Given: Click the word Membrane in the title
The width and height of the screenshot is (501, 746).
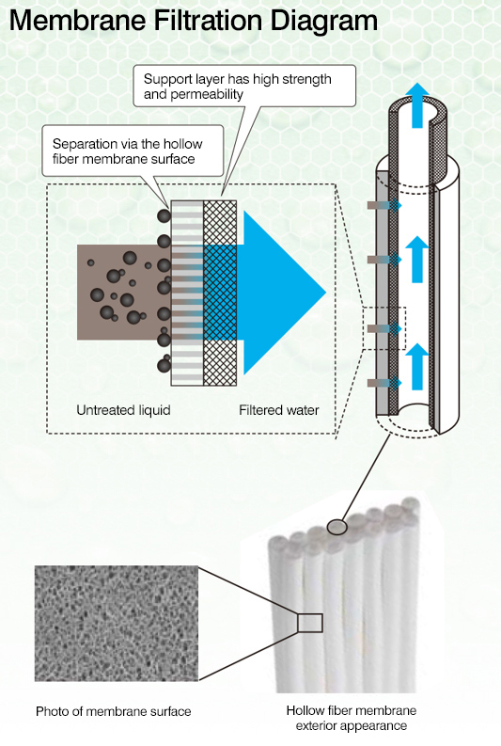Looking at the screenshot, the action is (x=77, y=21).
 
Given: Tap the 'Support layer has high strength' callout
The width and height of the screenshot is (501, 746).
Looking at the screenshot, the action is (x=244, y=86).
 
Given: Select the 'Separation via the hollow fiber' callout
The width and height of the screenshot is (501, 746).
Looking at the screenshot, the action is (x=133, y=151).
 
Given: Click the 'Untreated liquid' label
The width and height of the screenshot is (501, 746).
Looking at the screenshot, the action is (x=123, y=410).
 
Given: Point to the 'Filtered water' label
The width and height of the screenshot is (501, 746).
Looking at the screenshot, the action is (x=279, y=410).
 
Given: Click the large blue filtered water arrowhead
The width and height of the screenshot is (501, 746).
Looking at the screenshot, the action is (x=284, y=293).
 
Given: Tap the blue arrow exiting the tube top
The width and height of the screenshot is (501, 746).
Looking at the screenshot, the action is (x=416, y=105).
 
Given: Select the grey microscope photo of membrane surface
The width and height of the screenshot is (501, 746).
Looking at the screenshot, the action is (x=117, y=624).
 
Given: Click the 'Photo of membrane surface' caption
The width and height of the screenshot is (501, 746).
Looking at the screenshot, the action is (x=114, y=711).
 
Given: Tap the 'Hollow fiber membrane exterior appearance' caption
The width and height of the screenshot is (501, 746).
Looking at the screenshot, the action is (x=352, y=718).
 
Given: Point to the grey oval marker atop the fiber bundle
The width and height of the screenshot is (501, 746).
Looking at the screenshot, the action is (x=337, y=527).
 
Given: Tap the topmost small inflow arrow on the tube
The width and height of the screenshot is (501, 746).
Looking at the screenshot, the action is (x=384, y=205).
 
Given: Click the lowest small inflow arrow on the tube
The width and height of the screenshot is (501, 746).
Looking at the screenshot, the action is (x=384, y=383).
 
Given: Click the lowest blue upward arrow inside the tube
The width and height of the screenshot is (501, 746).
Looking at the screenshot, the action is (x=416, y=366).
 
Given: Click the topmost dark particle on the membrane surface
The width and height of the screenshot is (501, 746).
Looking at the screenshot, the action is (x=164, y=216).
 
